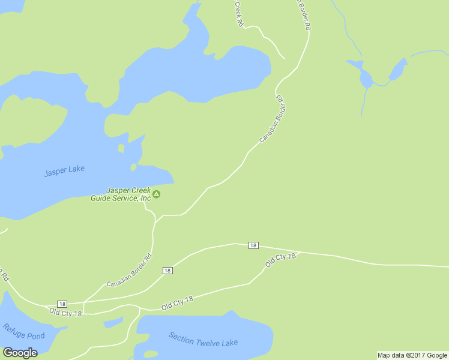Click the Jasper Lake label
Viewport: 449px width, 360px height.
pyautogui.click(x=64, y=170)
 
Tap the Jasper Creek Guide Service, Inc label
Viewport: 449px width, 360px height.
pyautogui.click(x=120, y=194)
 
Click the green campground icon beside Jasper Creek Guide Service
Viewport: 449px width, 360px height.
pyautogui.click(x=157, y=194)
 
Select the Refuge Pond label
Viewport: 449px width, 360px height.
pyautogui.click(x=24, y=332)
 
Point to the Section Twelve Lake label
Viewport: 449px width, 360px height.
pyautogui.click(x=203, y=339)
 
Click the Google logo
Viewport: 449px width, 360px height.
pyautogui.click(x=20, y=352)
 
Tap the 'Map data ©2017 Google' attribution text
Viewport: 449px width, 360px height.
pyautogui.click(x=412, y=355)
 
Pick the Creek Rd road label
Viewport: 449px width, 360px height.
pyautogui.click(x=238, y=13)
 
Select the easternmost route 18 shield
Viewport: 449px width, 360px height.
pyautogui.click(x=253, y=245)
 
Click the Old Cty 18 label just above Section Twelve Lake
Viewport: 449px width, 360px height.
pyautogui.click(x=177, y=303)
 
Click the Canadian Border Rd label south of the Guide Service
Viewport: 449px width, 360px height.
pyautogui.click(x=129, y=271)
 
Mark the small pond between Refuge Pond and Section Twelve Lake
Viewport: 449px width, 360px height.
pyautogui.click(x=113, y=323)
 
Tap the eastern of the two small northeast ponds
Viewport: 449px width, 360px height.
pyautogui.click(x=397, y=69)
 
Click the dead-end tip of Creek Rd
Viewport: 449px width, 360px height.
pyautogui.click(x=284, y=59)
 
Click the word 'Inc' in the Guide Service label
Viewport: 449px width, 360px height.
pyautogui.click(x=144, y=198)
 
